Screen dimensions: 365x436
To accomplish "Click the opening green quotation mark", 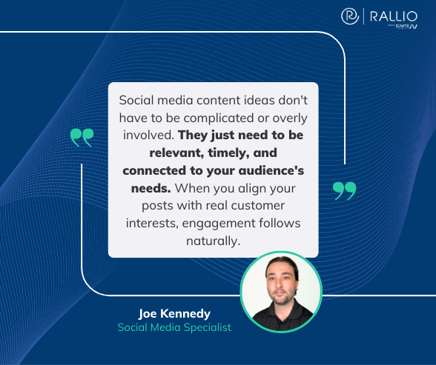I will (82, 137).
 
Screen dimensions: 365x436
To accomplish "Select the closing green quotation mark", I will (344, 190).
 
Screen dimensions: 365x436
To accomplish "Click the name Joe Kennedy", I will (174, 313).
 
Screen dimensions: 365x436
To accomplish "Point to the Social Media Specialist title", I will (174, 327).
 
